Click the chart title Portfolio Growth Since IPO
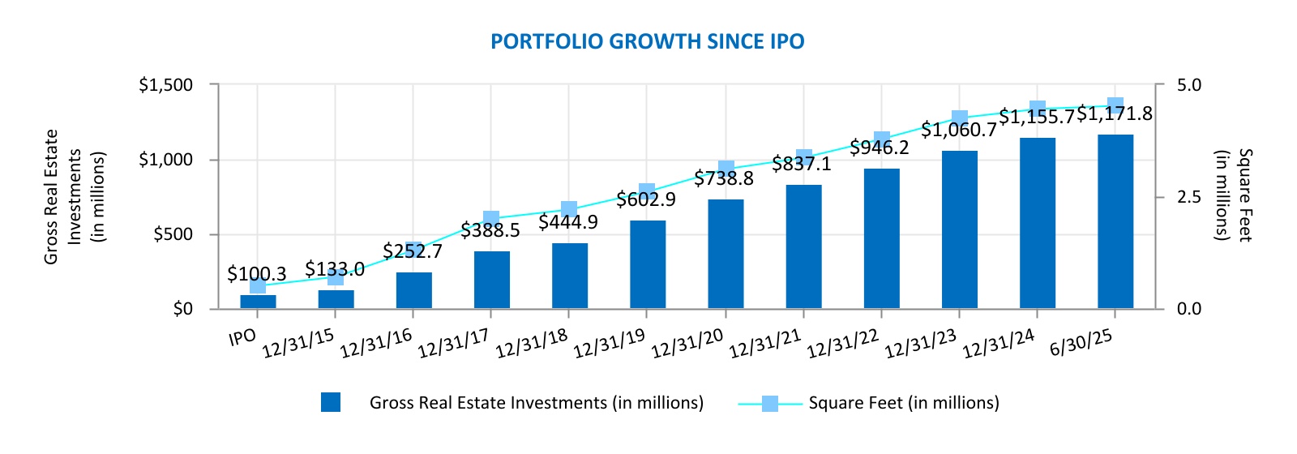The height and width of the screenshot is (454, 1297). (x=648, y=41)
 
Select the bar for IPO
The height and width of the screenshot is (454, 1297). (x=258, y=302)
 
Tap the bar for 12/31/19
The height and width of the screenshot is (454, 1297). (x=648, y=264)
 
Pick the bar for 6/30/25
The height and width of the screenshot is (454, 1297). (x=1115, y=221)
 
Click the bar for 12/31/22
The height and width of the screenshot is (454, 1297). (x=882, y=238)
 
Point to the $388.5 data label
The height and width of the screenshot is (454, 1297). (x=490, y=230)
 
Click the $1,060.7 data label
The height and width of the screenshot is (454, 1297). (x=958, y=130)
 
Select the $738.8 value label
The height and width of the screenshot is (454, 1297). (x=724, y=179)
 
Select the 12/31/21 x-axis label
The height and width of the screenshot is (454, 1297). (x=765, y=343)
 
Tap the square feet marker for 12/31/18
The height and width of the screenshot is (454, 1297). (x=569, y=208)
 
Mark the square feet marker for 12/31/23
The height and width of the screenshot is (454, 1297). (x=960, y=118)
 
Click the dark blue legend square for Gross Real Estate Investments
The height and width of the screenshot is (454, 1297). (x=331, y=402)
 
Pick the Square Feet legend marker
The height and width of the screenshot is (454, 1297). (x=769, y=403)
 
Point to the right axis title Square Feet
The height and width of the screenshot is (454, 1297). (x=1233, y=195)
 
